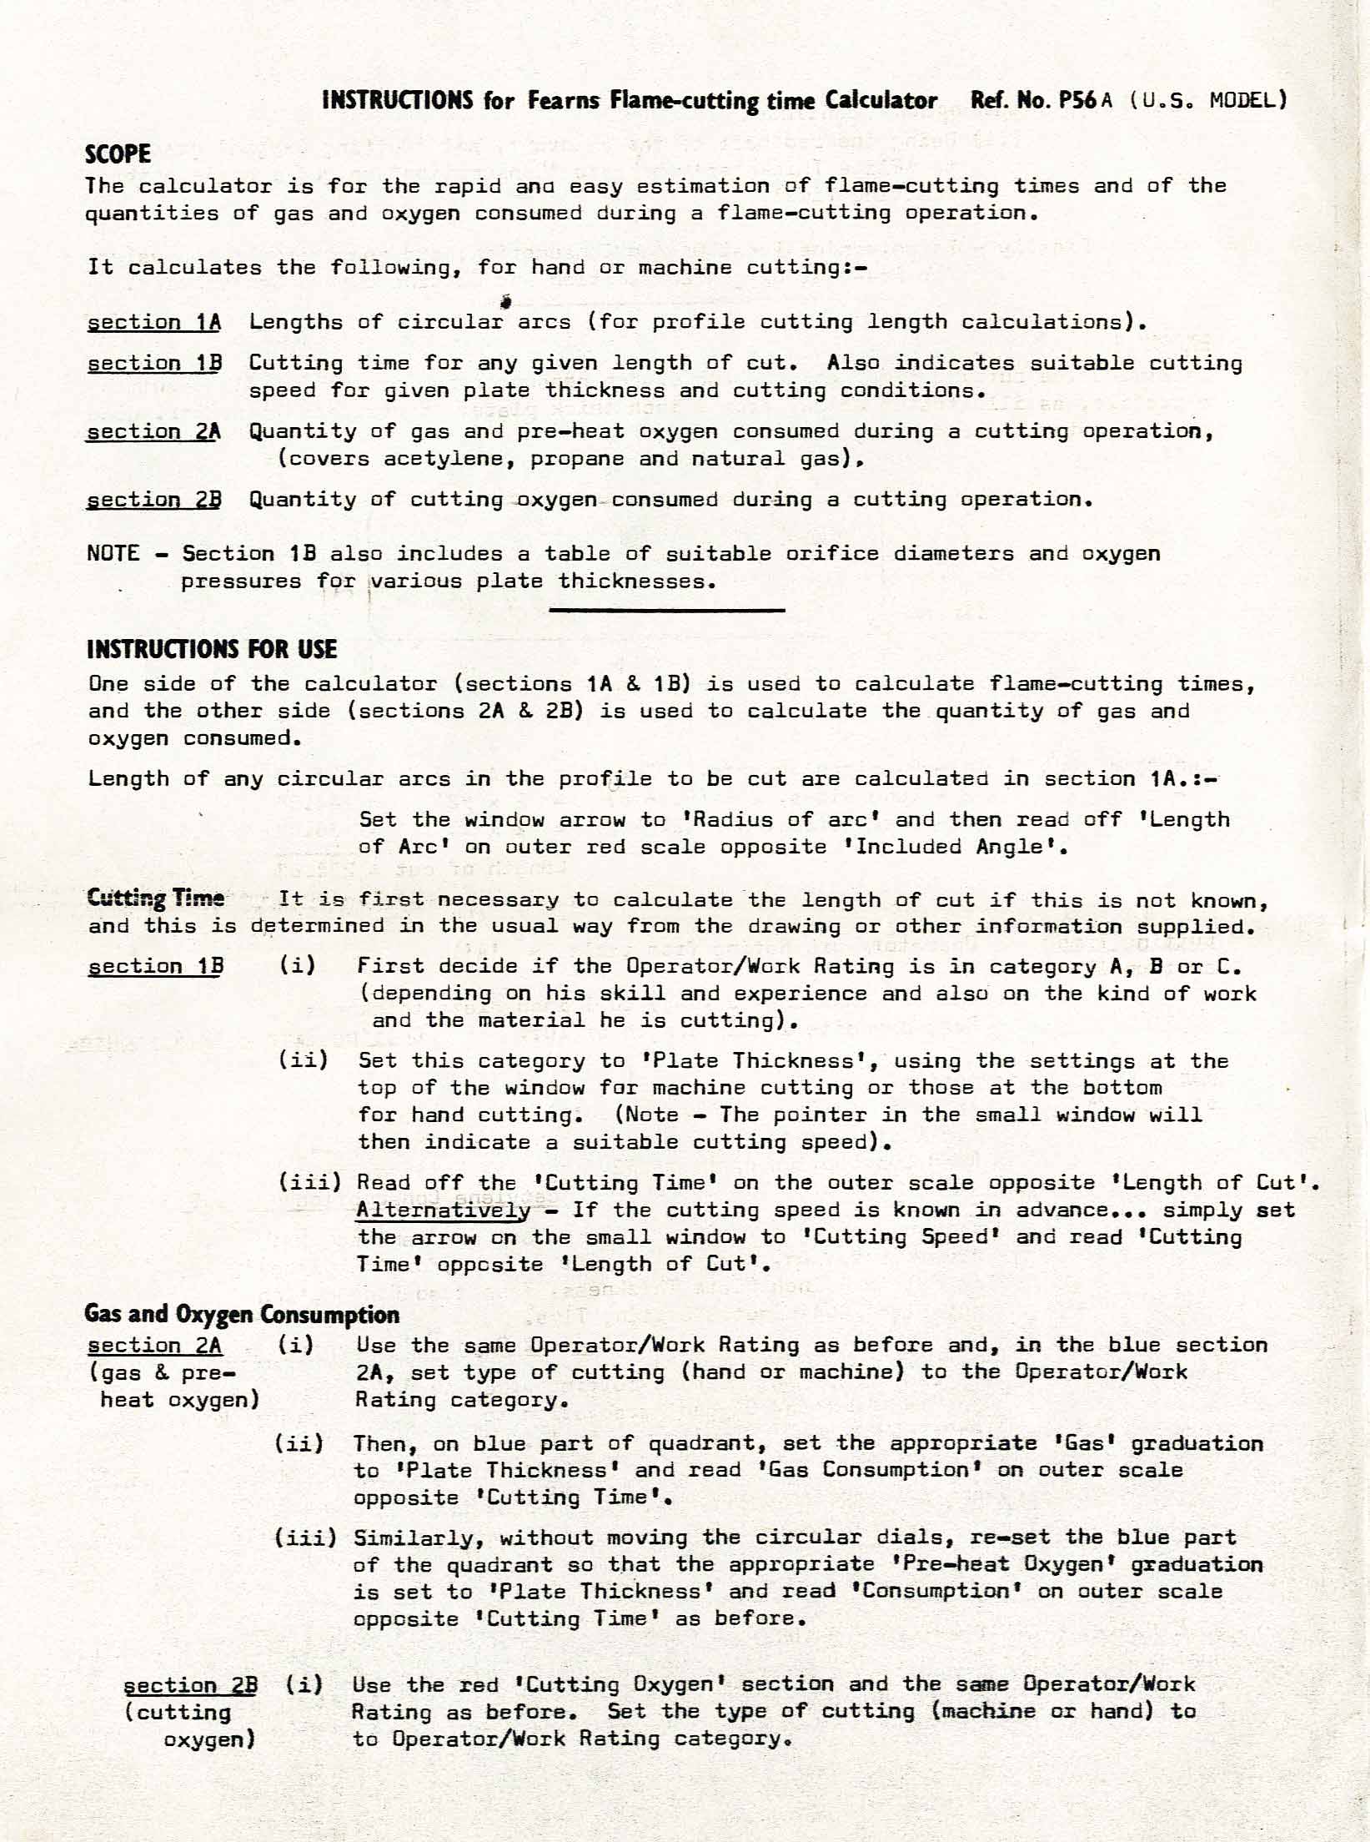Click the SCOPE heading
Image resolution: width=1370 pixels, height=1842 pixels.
click(118, 154)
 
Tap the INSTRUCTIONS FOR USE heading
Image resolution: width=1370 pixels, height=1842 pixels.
click(212, 649)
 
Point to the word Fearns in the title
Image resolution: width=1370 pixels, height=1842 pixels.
click(563, 101)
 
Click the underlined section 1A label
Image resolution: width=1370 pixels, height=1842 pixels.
click(154, 322)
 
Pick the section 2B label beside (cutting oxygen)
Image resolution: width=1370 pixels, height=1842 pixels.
click(190, 1685)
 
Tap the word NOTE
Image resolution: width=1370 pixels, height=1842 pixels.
click(113, 554)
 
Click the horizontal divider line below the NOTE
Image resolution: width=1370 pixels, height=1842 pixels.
click(667, 611)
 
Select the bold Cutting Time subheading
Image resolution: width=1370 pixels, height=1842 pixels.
click(156, 898)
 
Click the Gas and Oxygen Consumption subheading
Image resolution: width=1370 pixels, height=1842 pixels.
click(242, 1315)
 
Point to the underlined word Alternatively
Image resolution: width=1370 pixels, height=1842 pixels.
click(444, 1210)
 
